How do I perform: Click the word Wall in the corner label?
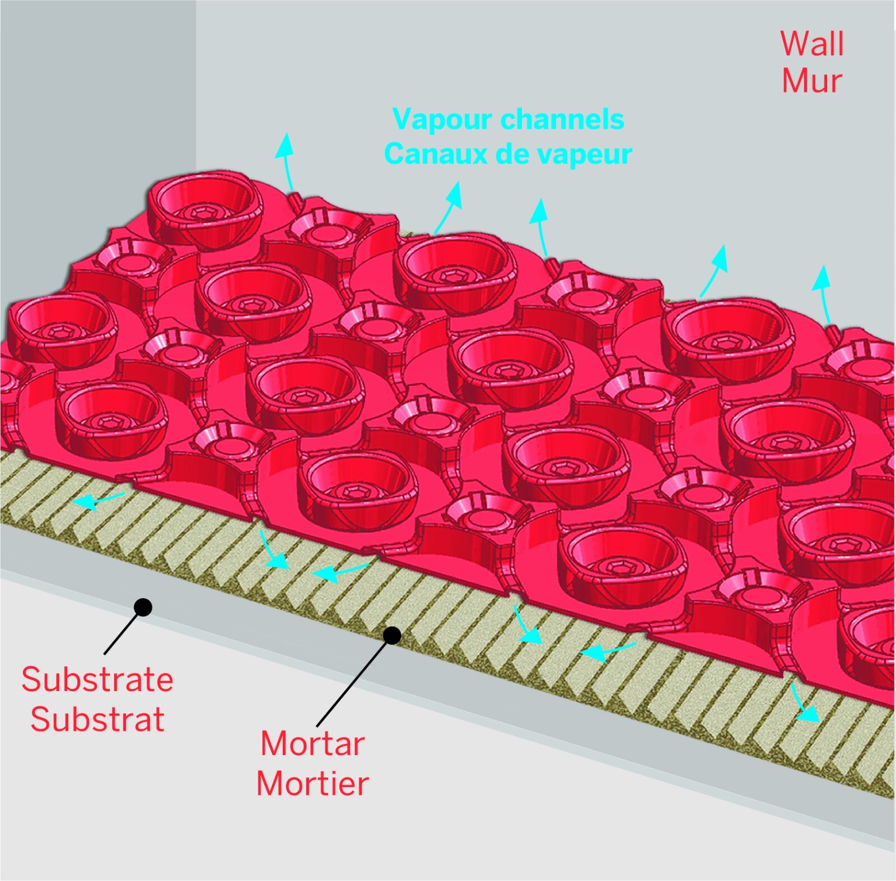(812, 44)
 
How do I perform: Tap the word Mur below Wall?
(811, 81)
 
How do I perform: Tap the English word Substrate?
(97, 679)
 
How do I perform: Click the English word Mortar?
(312, 744)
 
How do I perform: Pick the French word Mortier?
(312, 783)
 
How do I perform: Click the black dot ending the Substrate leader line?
(143, 607)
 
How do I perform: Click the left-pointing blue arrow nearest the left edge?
(99, 500)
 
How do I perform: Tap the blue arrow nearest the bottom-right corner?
(804, 702)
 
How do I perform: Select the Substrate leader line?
(124, 630)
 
